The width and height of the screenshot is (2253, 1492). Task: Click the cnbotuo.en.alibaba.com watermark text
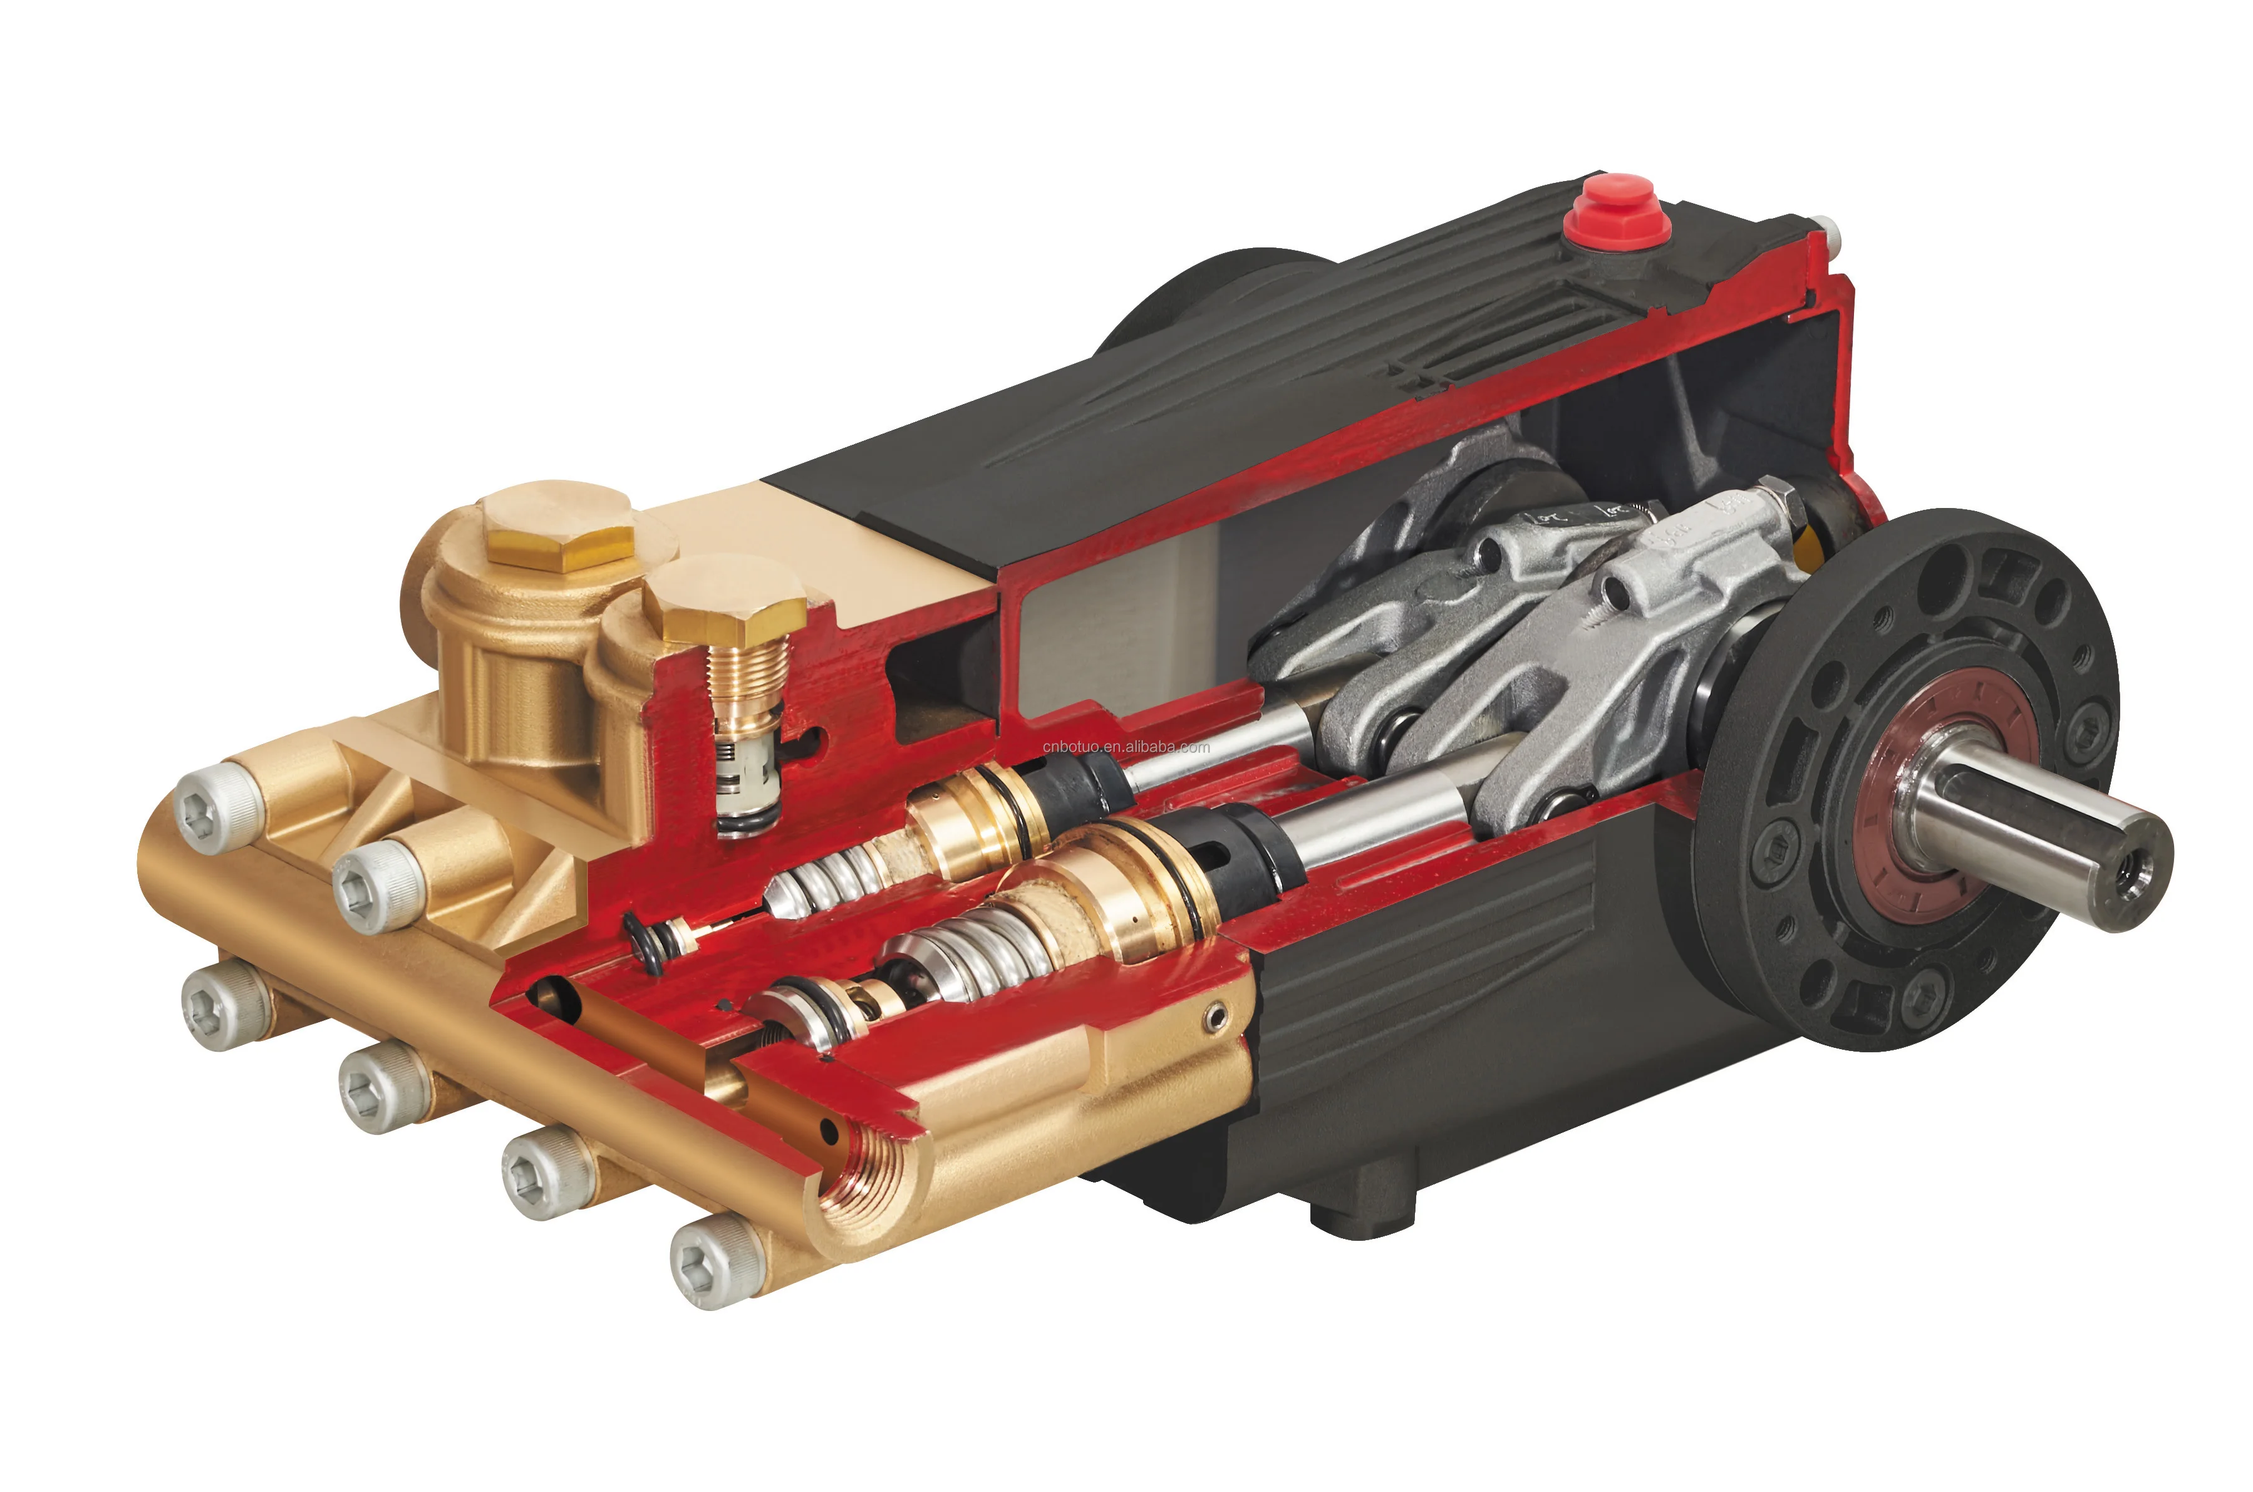coord(1126,747)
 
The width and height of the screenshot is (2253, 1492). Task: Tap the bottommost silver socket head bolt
coord(717,1265)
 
